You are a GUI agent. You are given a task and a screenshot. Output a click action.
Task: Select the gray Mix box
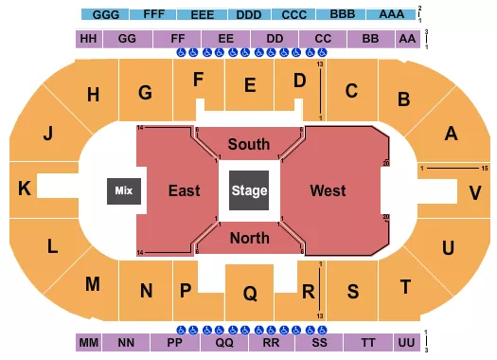click(122, 190)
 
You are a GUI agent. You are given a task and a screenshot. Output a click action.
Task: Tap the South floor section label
click(249, 145)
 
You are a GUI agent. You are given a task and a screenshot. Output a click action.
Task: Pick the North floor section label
click(249, 237)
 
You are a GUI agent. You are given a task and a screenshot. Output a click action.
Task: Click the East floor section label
click(184, 190)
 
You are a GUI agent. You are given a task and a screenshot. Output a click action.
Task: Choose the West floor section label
click(328, 190)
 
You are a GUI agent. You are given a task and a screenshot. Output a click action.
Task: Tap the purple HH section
click(88, 39)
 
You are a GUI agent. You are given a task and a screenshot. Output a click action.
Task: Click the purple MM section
click(88, 340)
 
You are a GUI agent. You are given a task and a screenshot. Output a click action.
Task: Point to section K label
click(24, 189)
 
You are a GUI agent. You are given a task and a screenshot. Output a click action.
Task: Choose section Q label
click(249, 294)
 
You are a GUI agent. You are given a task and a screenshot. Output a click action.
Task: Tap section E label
click(250, 86)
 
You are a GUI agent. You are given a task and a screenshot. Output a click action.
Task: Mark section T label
click(405, 286)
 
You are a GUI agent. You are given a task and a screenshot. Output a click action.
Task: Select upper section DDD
click(250, 16)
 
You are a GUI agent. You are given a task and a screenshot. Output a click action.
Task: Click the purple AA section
click(408, 39)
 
